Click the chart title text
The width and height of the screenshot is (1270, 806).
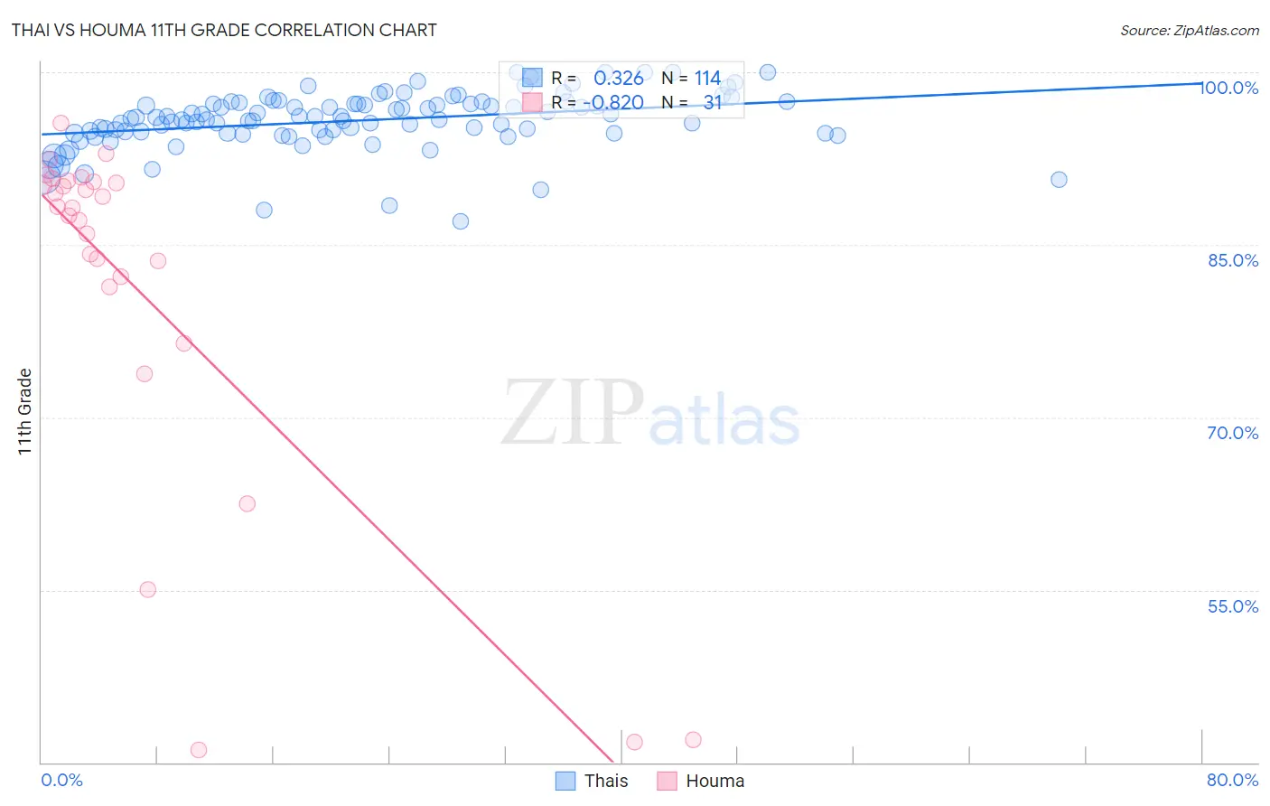[223, 30]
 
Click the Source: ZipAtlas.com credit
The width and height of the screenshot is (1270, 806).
[1189, 30]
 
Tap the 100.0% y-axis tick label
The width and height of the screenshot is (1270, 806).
[1229, 88]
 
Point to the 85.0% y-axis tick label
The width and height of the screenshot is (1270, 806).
[1232, 260]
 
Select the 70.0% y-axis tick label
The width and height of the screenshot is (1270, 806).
[1232, 433]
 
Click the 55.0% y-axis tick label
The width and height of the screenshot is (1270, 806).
[1232, 606]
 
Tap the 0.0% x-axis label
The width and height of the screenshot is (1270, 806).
[61, 780]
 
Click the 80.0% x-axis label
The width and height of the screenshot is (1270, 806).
[1232, 780]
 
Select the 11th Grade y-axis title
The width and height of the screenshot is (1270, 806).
[25, 411]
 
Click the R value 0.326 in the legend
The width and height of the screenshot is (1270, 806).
[618, 79]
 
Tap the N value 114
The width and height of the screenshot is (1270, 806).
[707, 79]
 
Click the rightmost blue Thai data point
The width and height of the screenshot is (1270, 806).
[1059, 180]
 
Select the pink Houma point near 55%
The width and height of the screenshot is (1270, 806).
[148, 590]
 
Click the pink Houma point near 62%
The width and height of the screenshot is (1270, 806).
[247, 504]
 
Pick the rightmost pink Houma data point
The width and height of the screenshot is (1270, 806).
[693, 740]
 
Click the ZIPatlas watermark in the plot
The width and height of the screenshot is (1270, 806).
[650, 413]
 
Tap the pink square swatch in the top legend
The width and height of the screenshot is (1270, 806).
[532, 102]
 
